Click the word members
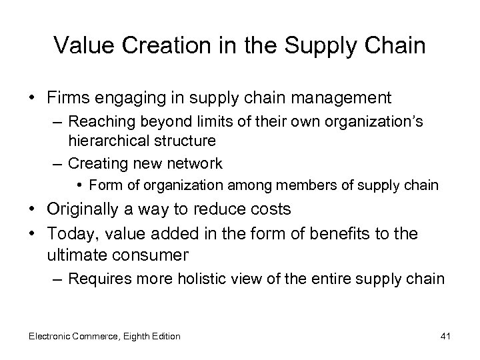(295, 185)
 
